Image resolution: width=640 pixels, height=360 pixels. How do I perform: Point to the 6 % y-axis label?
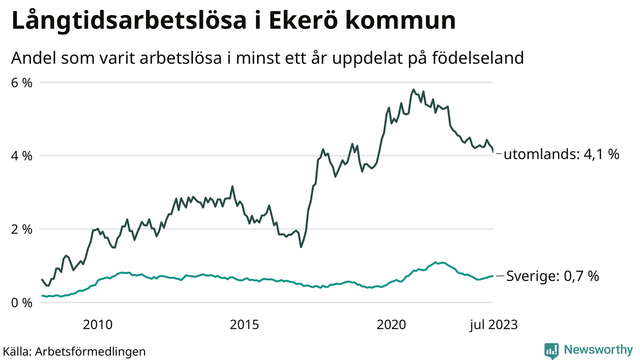tap(22, 82)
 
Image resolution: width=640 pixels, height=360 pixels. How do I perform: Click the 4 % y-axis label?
tap(22, 156)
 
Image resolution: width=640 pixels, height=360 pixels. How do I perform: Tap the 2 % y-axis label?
tap(22, 229)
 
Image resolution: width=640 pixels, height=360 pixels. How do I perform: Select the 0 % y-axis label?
tap(22, 303)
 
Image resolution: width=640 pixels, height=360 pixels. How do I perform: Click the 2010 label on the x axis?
tap(97, 325)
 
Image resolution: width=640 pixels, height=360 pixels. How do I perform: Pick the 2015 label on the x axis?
tap(244, 325)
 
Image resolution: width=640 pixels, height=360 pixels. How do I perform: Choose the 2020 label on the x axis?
tap(391, 325)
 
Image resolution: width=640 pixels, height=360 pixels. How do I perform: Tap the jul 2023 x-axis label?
tap(493, 325)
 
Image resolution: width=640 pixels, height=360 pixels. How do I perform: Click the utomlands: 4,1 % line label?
tap(561, 154)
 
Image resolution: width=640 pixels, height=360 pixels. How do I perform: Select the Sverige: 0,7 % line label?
tap(552, 276)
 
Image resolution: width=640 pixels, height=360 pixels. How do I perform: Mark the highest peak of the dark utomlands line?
tap(413, 89)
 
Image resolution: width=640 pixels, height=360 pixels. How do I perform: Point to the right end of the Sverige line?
tap(493, 276)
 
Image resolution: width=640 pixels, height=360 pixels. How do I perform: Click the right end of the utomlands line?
tap(493, 152)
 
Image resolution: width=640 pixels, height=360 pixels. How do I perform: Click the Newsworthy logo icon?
tap(551, 350)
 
